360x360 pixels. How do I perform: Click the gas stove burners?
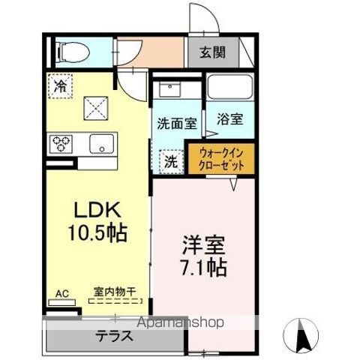pyautogui.click(x=61, y=142)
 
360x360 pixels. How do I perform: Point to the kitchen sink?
pyautogui.click(x=100, y=142)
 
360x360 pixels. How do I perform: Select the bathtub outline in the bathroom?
pyautogui.click(x=229, y=88)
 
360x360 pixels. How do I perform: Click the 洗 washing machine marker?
pyautogui.click(x=172, y=159)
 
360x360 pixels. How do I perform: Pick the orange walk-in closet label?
pyautogui.click(x=226, y=158)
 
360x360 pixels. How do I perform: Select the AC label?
pyautogui.click(x=61, y=292)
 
